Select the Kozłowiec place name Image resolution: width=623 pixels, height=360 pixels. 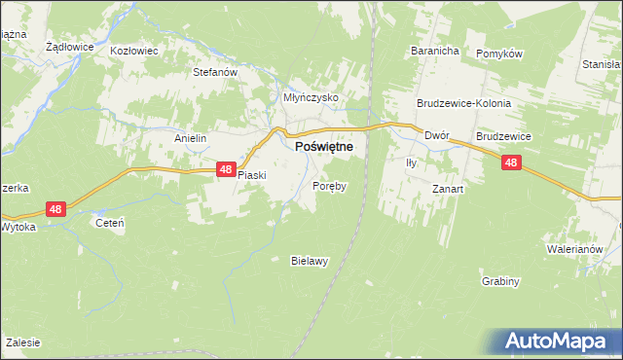tap(132, 50)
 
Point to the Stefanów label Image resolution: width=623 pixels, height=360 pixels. tap(215, 72)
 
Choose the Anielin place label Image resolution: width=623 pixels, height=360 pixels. tap(191, 138)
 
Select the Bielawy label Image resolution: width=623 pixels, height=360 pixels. tap(311, 260)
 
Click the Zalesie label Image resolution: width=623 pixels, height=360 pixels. tap(21, 342)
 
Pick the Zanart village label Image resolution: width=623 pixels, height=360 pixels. tap(449, 189)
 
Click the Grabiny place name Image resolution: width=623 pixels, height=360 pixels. tap(500, 281)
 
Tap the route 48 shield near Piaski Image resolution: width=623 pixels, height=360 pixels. tap(226, 169)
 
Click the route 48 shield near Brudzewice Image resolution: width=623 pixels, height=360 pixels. tap(511, 164)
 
